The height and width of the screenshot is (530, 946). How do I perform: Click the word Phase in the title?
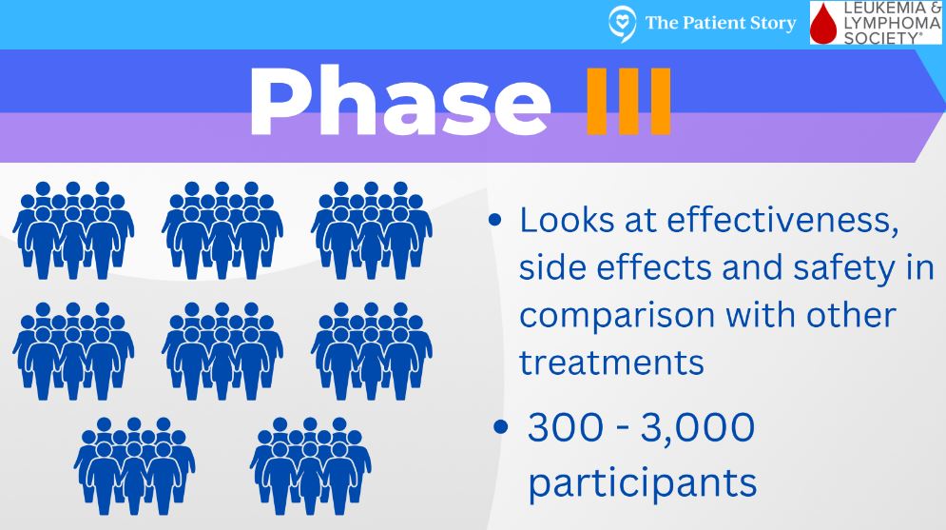399,102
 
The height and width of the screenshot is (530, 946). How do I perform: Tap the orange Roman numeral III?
628,101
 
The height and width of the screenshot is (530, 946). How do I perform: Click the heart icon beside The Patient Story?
622,24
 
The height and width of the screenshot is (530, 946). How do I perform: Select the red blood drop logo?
823,25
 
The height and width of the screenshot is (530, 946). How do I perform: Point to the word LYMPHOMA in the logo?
892,24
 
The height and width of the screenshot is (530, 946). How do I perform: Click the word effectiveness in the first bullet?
782,220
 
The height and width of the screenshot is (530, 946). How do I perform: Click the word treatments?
611,363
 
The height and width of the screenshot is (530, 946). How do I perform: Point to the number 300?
566,427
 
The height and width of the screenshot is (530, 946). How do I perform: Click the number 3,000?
698,428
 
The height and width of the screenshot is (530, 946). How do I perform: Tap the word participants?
643,483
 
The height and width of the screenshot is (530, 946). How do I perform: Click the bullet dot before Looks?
495,220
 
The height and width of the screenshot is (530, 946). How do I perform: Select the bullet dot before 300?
501,427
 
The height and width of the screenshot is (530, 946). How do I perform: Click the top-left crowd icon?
73,230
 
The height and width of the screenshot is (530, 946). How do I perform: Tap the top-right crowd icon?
372,230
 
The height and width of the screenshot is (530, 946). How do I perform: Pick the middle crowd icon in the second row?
222,351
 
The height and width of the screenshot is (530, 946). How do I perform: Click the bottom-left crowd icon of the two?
135,465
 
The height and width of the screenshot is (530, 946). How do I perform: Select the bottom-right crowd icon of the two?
311,465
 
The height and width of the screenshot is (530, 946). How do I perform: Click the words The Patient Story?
721,24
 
